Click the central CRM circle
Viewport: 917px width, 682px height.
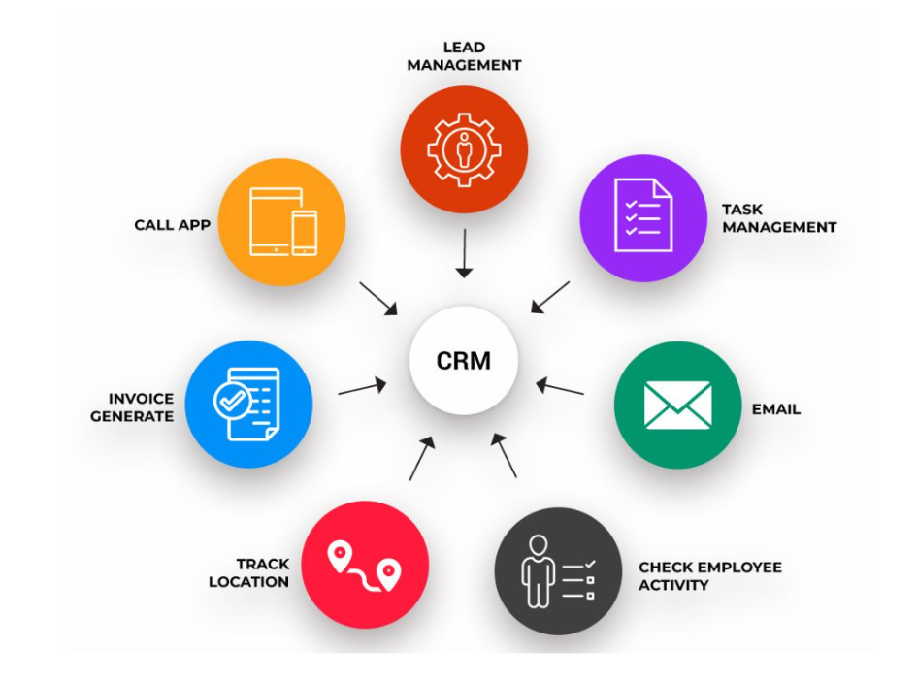point(464,361)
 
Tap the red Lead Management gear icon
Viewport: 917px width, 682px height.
point(464,148)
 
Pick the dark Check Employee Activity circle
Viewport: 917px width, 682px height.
point(558,570)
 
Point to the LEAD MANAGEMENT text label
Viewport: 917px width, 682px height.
point(464,56)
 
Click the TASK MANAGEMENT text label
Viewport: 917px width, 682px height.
point(778,218)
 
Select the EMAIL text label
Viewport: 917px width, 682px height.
point(776,409)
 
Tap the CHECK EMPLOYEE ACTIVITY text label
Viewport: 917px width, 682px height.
point(709,576)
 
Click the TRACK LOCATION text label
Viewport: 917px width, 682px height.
point(262,572)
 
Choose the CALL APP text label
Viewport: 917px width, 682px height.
point(172,225)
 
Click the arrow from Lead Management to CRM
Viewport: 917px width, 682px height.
point(465,253)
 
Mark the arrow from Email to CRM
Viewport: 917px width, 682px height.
point(561,387)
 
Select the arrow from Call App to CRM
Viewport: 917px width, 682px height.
point(378,298)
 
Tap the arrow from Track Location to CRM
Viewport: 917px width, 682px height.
point(422,459)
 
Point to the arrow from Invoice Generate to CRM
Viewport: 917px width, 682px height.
point(361,388)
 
